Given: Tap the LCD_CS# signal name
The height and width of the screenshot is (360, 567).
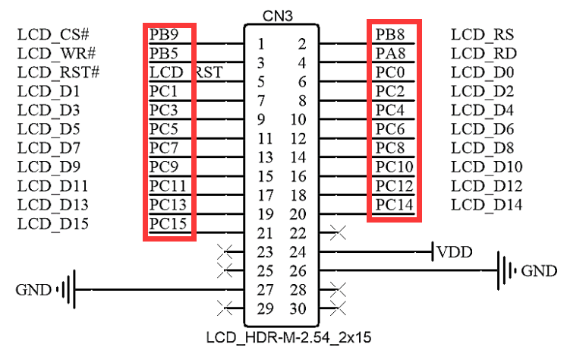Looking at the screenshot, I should tap(53, 35).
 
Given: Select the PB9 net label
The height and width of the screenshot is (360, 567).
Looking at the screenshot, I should tap(164, 35).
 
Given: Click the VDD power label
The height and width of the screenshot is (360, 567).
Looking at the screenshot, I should tap(455, 251).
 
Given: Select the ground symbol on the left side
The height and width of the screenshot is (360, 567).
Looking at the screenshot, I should tap(68, 289).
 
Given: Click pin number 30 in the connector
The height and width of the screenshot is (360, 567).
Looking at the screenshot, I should tap(298, 309).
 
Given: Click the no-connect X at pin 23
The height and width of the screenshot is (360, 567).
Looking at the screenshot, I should tap(225, 251).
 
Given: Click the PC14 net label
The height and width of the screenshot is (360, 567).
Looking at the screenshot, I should tap(394, 204).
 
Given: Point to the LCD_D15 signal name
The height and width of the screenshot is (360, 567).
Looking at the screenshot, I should tap(53, 224).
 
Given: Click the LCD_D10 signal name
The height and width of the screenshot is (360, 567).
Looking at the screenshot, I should tap(487, 167).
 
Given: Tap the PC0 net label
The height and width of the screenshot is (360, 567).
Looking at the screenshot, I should tap(390, 73).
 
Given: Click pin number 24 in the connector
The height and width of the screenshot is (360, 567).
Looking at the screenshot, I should tap(298, 252).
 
